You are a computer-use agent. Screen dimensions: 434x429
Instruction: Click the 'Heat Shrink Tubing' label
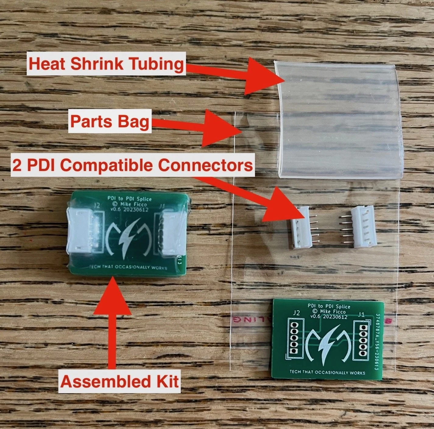tap(106, 64)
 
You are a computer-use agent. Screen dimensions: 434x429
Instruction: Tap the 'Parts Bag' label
tap(110, 122)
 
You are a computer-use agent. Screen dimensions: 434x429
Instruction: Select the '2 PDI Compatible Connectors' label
tap(132, 165)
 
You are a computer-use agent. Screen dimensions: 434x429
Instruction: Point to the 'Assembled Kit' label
tap(120, 381)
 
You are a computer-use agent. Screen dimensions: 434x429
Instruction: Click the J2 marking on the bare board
tap(296, 313)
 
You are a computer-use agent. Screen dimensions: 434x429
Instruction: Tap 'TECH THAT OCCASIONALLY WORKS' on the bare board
tap(327, 372)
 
